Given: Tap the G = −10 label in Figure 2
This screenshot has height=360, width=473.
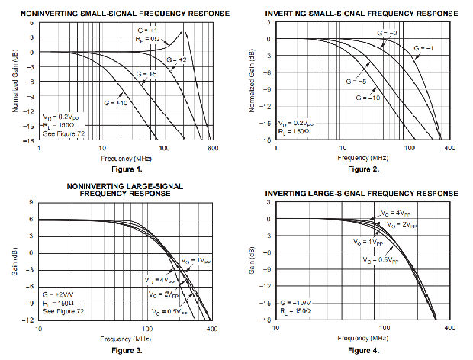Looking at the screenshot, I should click(368, 98).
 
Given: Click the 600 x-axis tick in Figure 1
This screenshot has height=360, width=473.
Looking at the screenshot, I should click(211, 148).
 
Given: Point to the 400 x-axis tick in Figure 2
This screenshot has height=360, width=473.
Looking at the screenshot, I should click(449, 147).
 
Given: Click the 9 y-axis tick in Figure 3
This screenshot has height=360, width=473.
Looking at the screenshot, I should click(31, 203).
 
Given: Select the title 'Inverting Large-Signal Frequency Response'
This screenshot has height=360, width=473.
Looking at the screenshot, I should click(362, 194).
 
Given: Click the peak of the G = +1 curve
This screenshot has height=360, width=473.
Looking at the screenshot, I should click(185, 31).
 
